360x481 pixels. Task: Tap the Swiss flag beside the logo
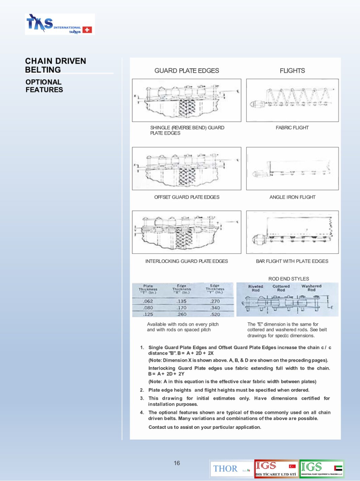point(87,30)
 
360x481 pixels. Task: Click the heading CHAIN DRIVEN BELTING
point(56,65)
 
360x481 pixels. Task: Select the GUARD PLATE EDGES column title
point(187,71)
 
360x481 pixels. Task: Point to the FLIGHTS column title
point(292,71)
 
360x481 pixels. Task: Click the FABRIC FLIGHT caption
point(292,128)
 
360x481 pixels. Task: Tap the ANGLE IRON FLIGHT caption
point(292,197)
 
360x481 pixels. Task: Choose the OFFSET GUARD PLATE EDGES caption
point(187,197)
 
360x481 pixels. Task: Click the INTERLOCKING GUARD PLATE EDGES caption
point(186,261)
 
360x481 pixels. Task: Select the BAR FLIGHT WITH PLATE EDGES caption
point(292,261)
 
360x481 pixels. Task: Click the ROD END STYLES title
point(289,279)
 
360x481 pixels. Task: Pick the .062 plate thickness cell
point(148,301)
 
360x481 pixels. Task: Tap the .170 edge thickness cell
point(182,308)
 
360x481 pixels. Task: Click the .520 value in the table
point(215,314)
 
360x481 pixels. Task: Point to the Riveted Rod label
point(256,288)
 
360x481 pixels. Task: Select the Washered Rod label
point(311,288)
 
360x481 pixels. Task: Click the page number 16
point(177,463)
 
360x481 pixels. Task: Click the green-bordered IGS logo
point(322,469)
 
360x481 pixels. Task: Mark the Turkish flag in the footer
point(292,466)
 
